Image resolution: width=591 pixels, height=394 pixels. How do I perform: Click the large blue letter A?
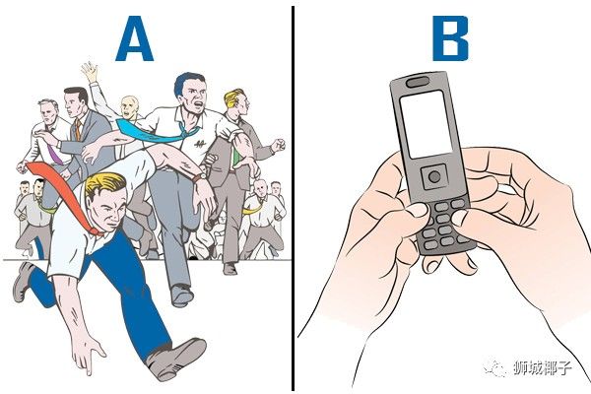(134, 38)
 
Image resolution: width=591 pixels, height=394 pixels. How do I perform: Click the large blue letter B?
(450, 38)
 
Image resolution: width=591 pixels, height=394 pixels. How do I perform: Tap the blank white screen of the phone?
(427, 124)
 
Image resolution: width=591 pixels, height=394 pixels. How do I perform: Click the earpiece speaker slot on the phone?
(418, 82)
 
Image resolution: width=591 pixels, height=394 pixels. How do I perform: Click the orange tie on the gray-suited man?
(78, 130)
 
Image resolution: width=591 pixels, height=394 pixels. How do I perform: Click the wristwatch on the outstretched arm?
(199, 176)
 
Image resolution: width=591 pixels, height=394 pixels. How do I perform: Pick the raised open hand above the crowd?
(90, 72)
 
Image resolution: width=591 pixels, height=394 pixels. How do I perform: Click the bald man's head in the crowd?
(130, 106)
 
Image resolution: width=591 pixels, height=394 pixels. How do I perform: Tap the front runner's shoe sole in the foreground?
(177, 359)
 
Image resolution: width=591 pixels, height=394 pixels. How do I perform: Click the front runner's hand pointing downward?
(88, 354)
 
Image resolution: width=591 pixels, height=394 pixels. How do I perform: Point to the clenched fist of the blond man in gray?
(278, 146)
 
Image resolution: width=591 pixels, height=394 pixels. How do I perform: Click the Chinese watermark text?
(542, 367)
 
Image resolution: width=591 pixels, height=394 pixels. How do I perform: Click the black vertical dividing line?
(293, 199)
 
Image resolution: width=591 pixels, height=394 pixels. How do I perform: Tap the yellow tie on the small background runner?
(253, 208)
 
